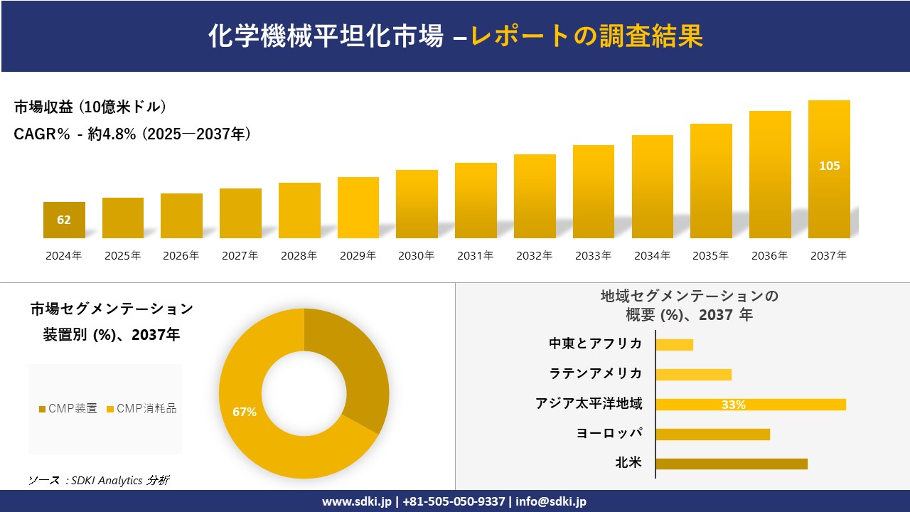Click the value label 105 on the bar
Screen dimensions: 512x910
pos(829,166)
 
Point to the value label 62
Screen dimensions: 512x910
pos(64,220)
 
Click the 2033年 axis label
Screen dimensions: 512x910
pos(593,256)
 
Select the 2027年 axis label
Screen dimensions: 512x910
pos(240,256)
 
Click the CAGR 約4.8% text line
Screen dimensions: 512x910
pos(132,134)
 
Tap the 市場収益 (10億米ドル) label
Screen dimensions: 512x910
pos(90,107)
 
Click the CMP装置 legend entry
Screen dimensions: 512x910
pos(68,409)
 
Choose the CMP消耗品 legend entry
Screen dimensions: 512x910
pos(141,409)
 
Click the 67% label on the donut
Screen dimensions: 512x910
pos(244,412)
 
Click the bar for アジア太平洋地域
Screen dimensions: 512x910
pos(750,405)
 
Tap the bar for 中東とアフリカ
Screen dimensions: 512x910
pos(674,345)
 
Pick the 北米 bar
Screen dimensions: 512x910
pos(731,464)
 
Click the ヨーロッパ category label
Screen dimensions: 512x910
pos(609,433)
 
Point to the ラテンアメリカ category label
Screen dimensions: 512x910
pos(595,373)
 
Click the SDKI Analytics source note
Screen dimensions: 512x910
pos(99,480)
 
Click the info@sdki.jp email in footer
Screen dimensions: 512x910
pos(551,501)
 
